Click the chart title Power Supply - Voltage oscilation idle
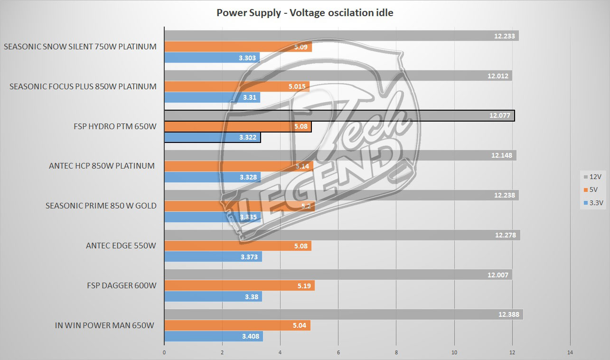pyautogui.click(x=305, y=13)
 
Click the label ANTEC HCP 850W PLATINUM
pyautogui.click(x=102, y=166)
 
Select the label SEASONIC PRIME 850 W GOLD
pyautogui.click(x=101, y=206)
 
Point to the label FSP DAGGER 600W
pyautogui.click(x=122, y=285)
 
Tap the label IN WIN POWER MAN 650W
pyautogui.click(x=105, y=325)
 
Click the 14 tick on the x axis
pyautogui.click(x=570, y=352)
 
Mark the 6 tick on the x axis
pyautogui.click(x=338, y=352)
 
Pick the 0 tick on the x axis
pyautogui.click(x=164, y=352)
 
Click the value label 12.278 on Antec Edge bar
pyautogui.click(x=507, y=235)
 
